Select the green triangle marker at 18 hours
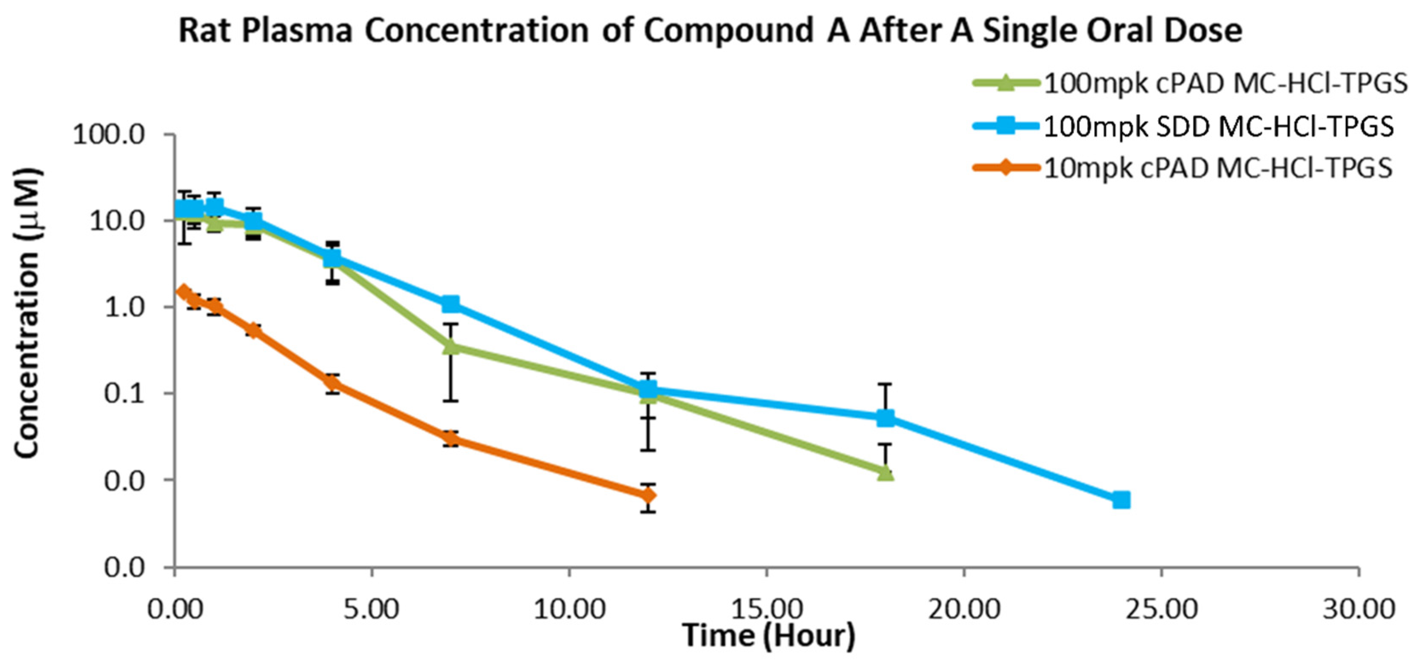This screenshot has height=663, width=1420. [885, 472]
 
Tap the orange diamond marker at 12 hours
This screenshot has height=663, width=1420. [648, 495]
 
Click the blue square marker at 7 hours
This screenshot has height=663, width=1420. [451, 304]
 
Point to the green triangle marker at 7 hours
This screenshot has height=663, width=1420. [451, 346]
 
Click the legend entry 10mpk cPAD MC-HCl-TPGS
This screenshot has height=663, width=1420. [1218, 168]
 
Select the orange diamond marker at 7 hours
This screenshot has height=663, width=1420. [451, 439]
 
